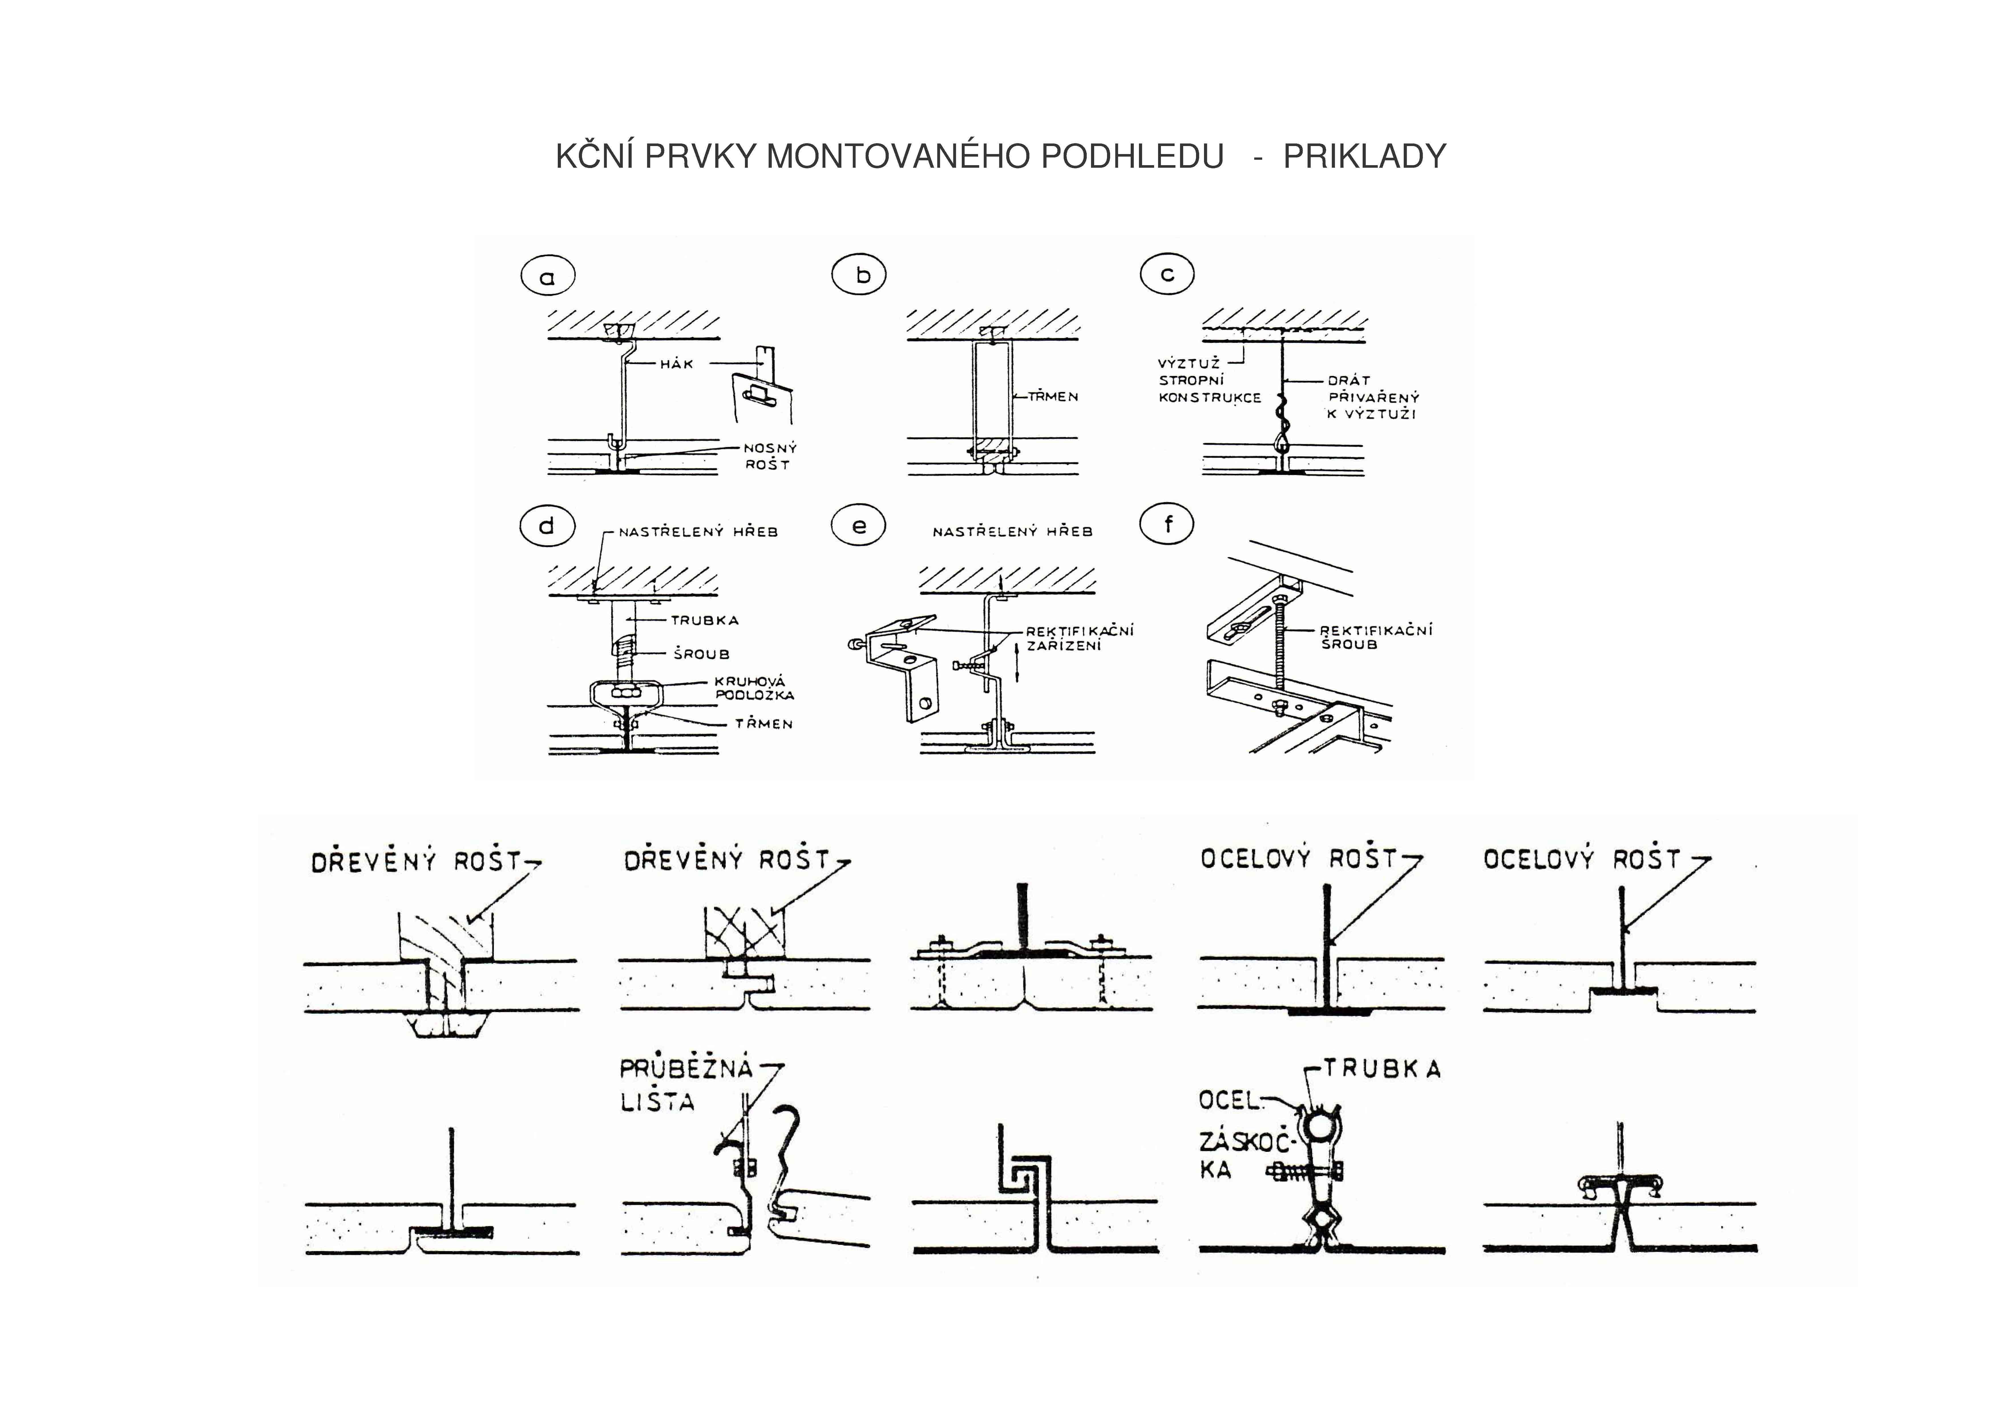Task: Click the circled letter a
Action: click(548, 277)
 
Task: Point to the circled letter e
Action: click(859, 526)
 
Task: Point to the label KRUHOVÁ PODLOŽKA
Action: click(754, 688)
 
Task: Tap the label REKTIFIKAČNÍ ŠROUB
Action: click(1375, 637)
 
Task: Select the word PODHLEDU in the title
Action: click(1132, 157)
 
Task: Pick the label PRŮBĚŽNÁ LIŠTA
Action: click(684, 1085)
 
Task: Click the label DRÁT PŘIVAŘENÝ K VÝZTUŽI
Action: click(1372, 398)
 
